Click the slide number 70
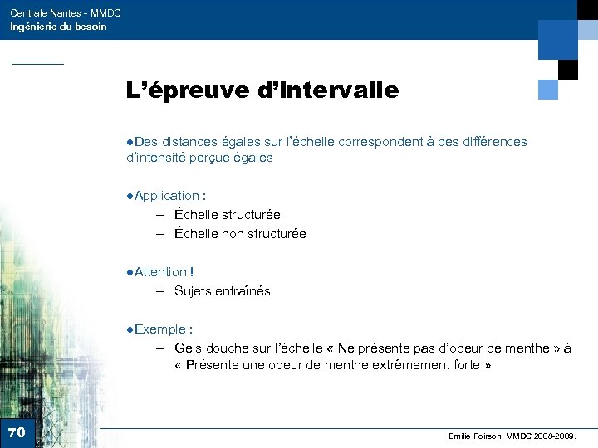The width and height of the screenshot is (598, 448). (x=16, y=432)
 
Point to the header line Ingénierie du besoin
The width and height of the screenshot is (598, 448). (x=58, y=27)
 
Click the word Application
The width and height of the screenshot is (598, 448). (x=166, y=196)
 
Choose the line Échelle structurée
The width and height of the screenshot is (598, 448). (x=227, y=215)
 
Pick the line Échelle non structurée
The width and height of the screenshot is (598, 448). (x=240, y=234)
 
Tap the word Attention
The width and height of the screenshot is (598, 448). (x=160, y=272)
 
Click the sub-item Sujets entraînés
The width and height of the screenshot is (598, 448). (x=222, y=291)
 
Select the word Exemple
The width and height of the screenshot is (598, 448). (x=159, y=329)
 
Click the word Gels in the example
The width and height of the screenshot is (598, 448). (x=188, y=348)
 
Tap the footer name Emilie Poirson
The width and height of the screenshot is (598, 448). (x=473, y=436)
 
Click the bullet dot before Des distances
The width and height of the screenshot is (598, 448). (x=130, y=142)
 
